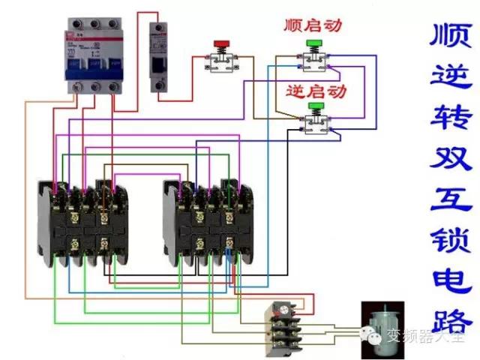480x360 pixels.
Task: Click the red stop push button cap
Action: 221,43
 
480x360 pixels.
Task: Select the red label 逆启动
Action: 316,91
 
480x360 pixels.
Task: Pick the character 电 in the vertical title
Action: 451,278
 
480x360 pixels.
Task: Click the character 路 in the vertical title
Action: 451,319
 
